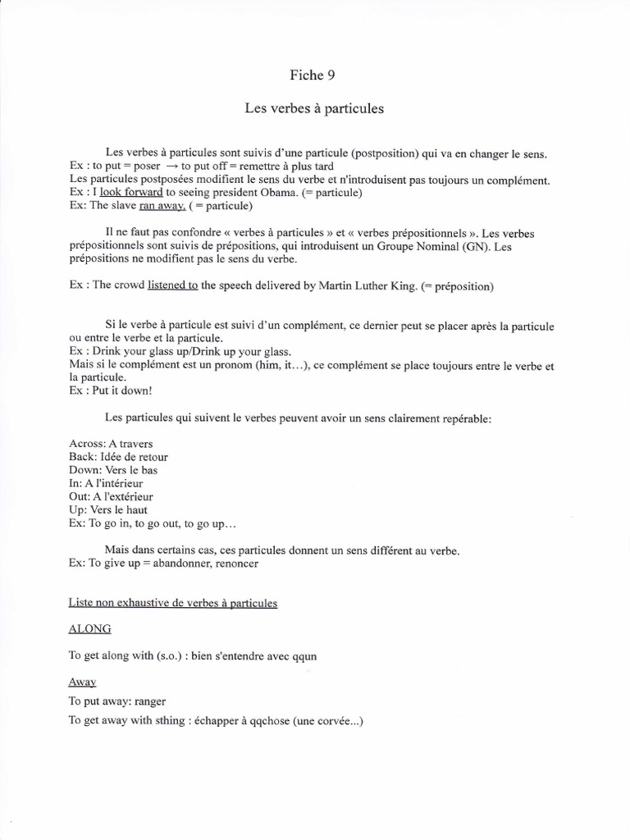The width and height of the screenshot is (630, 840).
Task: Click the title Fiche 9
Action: click(x=313, y=75)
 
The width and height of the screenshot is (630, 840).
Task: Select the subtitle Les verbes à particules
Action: click(x=314, y=108)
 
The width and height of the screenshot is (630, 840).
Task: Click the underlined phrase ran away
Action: click(x=163, y=206)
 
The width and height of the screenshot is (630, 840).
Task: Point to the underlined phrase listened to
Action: click(x=172, y=285)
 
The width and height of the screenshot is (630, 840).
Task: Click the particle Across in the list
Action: click(x=87, y=444)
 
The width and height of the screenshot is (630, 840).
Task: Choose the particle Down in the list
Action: click(x=84, y=470)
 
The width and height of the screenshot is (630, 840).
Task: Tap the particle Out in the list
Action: click(x=80, y=496)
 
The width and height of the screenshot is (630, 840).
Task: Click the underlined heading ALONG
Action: click(x=90, y=629)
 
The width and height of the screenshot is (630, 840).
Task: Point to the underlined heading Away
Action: click(x=82, y=682)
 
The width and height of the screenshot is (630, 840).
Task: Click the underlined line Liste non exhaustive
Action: click(x=173, y=604)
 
